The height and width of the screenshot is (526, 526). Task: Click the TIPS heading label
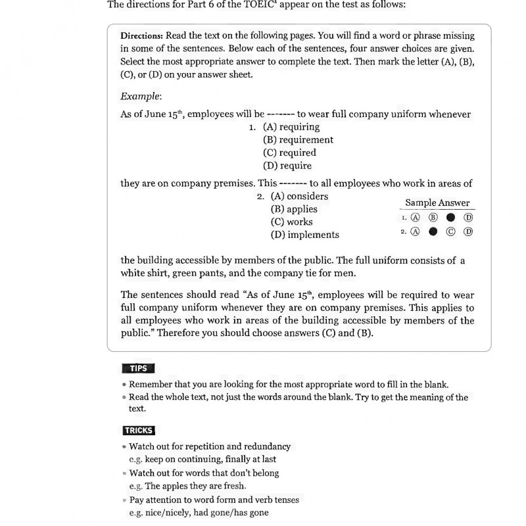point(138,368)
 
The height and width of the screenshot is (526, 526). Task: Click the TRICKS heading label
point(139,431)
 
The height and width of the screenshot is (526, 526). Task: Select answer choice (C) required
point(289,153)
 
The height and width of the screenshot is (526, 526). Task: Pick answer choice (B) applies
point(294,209)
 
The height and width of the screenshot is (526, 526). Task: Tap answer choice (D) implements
point(305,235)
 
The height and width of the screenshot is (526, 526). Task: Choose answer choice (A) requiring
point(291,127)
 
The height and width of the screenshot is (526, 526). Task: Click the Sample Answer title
point(437,203)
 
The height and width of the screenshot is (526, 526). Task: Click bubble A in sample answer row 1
point(415,218)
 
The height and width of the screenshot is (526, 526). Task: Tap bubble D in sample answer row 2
point(468,231)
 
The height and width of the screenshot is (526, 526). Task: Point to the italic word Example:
point(141,96)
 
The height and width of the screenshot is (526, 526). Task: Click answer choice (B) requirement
point(298,139)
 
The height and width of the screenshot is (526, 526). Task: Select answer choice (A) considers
point(299,196)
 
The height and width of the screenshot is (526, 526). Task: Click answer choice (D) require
point(287,166)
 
